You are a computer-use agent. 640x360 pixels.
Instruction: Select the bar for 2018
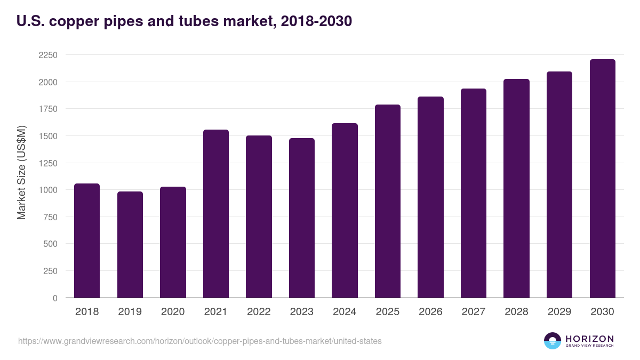(87, 241)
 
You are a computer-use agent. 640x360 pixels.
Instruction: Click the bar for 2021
(216, 213)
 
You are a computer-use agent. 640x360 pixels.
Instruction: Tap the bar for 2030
(602, 178)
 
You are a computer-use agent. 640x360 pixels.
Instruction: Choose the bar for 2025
(388, 201)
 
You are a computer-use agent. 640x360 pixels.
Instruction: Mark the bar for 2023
(302, 218)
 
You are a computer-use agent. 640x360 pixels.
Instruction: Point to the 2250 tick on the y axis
(47, 55)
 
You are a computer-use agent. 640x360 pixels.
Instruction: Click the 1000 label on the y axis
(47, 190)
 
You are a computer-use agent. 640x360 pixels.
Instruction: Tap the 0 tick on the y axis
(55, 298)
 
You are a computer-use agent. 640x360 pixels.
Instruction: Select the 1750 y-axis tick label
(47, 109)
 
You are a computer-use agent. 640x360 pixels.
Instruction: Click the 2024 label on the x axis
(345, 312)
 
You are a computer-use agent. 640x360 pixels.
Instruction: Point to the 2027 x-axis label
(473, 312)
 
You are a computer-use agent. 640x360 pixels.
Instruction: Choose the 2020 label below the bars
(173, 312)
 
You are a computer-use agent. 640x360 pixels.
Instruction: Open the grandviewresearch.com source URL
(200, 341)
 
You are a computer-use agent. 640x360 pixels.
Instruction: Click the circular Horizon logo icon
(553, 341)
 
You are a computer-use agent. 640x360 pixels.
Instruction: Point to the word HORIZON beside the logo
(589, 339)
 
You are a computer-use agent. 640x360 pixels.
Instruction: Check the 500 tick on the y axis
(51, 244)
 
